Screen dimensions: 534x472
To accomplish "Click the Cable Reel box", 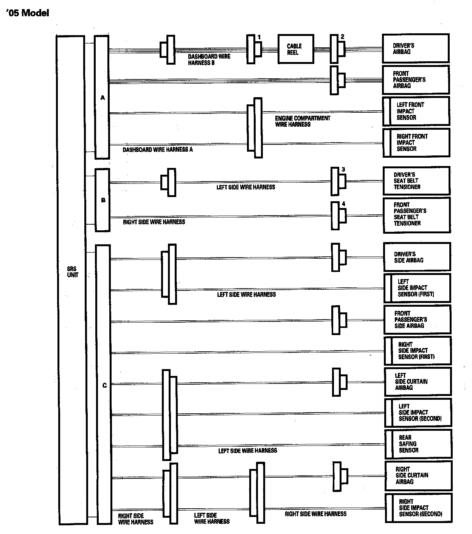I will [296, 49].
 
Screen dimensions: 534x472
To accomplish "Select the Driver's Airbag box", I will [416, 48].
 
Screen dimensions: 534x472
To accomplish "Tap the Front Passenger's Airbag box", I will [416, 79].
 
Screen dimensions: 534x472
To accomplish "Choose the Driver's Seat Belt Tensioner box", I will [416, 181].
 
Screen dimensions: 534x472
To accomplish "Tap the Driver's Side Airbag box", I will [417, 257].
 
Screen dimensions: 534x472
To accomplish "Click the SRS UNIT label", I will [73, 272].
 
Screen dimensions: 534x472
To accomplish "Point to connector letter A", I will [102, 98].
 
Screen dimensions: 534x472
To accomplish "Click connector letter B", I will [103, 200].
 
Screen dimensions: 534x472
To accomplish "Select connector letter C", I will [104, 385].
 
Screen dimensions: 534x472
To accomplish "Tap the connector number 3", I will [343, 169].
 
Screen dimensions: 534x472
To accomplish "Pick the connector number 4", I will [343, 204].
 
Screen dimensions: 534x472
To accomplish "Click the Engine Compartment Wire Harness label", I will [303, 121].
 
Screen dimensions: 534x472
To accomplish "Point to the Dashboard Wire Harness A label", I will [158, 150].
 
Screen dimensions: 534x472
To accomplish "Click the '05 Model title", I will [28, 13].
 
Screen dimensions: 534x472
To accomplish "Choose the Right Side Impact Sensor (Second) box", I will [418, 508].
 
